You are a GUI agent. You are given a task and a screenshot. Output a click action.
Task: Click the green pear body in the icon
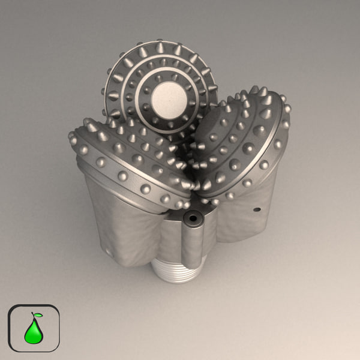pyautogui.click(x=33, y=332)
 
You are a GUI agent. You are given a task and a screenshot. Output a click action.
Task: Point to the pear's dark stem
pyautogui.click(x=33, y=316)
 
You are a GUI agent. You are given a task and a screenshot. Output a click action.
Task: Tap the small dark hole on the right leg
pyautogui.click(x=256, y=210)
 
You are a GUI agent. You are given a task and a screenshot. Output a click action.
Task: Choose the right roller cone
pyautogui.click(x=240, y=144)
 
